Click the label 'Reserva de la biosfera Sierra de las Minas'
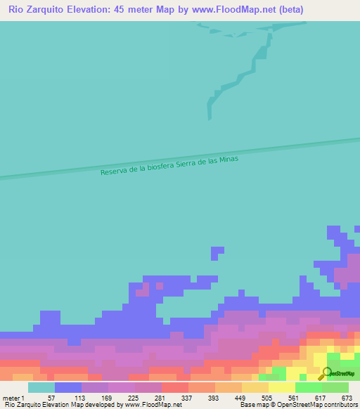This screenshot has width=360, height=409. (169, 166)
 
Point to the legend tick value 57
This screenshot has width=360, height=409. (51, 397)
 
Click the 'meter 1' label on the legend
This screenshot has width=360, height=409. (14, 397)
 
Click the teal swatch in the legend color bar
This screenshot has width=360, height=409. (41, 387)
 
